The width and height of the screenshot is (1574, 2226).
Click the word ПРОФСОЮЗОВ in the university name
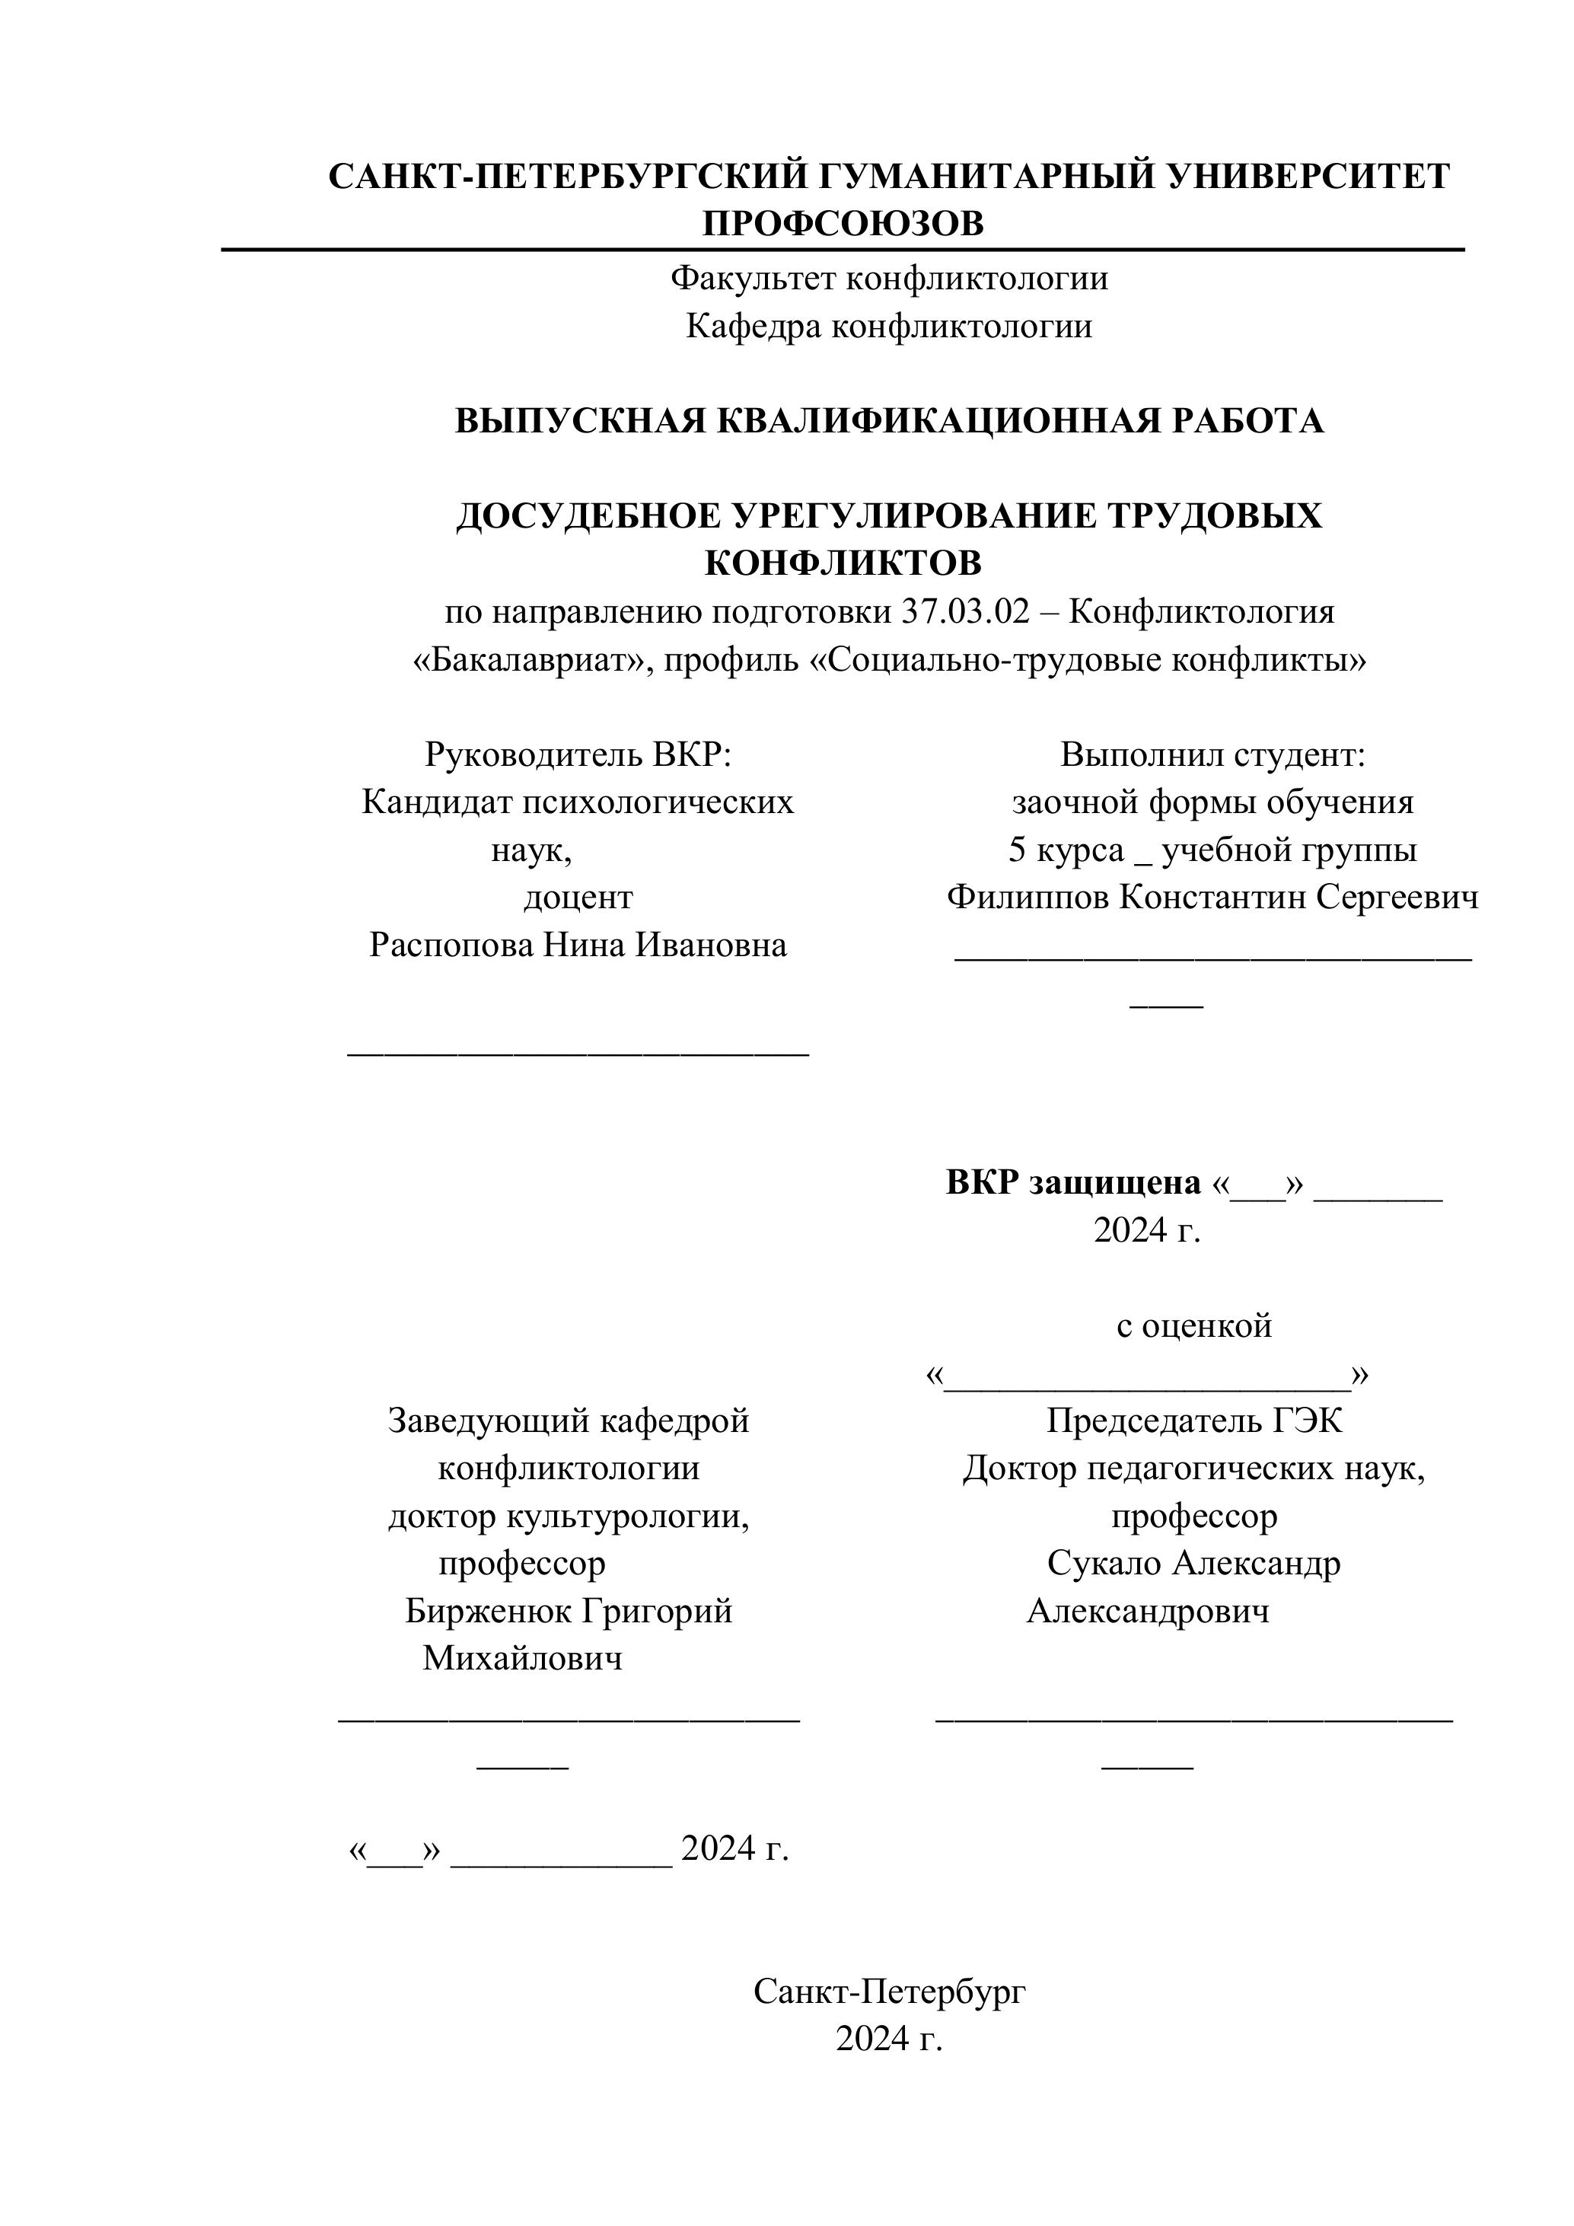click(x=843, y=224)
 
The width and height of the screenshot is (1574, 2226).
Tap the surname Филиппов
click(x=1028, y=897)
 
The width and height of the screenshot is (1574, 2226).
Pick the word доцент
click(x=578, y=897)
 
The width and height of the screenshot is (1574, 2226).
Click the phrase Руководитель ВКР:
click(x=578, y=754)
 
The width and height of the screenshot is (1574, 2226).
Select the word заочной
click(x=1075, y=802)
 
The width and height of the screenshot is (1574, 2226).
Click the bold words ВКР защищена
click(x=1073, y=1183)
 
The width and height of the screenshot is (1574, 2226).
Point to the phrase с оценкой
click(x=1194, y=1325)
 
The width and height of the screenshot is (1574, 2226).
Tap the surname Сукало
click(x=1105, y=1563)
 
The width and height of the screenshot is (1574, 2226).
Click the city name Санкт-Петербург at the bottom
click(x=890, y=1992)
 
